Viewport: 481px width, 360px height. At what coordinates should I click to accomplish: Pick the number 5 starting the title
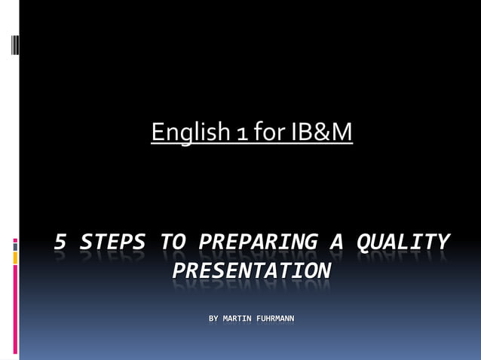tap(62, 243)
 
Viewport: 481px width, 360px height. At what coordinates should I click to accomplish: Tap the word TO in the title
tap(173, 243)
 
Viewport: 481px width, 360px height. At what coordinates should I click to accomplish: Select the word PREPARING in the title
tap(257, 243)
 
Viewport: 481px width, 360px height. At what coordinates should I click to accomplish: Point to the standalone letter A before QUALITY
tap(336, 243)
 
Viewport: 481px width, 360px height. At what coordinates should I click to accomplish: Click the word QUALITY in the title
tap(402, 243)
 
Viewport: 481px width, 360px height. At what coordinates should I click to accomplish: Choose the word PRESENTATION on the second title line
tap(251, 270)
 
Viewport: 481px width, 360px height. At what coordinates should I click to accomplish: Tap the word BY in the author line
tap(214, 319)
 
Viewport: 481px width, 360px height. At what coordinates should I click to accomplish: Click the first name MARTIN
tap(239, 319)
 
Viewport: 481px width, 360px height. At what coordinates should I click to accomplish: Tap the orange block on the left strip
tap(15, 258)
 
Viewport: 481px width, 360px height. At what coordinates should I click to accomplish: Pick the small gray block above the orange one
tap(15, 247)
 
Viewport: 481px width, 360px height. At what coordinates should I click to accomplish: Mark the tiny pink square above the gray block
tap(15, 240)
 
